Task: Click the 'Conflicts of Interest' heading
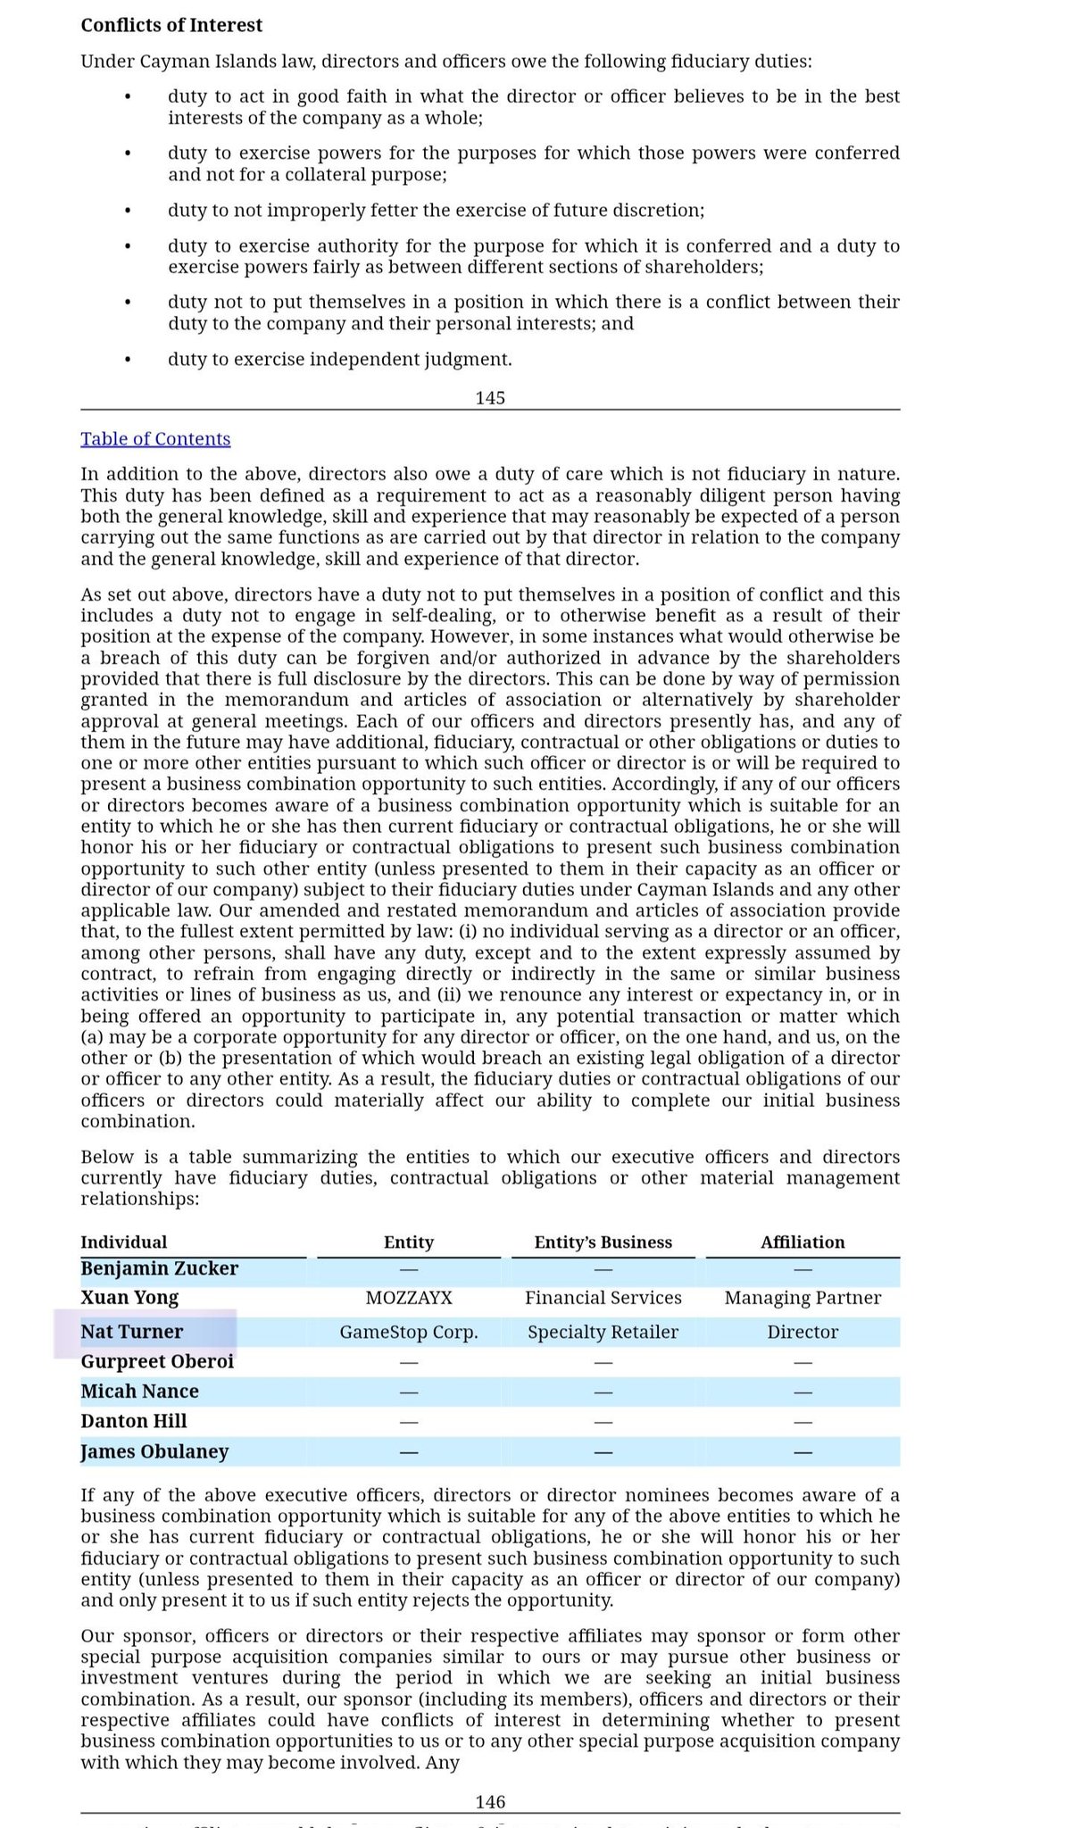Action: tap(171, 25)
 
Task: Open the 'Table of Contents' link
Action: tap(155, 438)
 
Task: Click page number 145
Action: tap(490, 397)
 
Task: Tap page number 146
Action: tap(490, 1802)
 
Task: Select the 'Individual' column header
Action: tap(123, 1242)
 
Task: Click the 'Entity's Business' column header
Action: tap(603, 1242)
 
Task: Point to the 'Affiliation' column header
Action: tap(803, 1242)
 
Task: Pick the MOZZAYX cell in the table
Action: tap(409, 1297)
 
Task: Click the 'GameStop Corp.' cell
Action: tap(409, 1332)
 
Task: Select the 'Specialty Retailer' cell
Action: tap(603, 1332)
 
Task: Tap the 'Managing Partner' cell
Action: tap(803, 1297)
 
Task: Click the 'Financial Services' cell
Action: tap(603, 1297)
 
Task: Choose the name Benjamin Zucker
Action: tap(159, 1268)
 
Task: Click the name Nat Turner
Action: tap(131, 1332)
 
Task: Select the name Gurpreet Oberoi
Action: tap(157, 1361)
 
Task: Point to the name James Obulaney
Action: tap(154, 1451)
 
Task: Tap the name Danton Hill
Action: tap(134, 1421)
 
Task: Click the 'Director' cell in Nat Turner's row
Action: tap(803, 1332)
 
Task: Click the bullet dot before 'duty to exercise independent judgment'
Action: tap(128, 360)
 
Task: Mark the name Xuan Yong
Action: tap(129, 1297)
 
